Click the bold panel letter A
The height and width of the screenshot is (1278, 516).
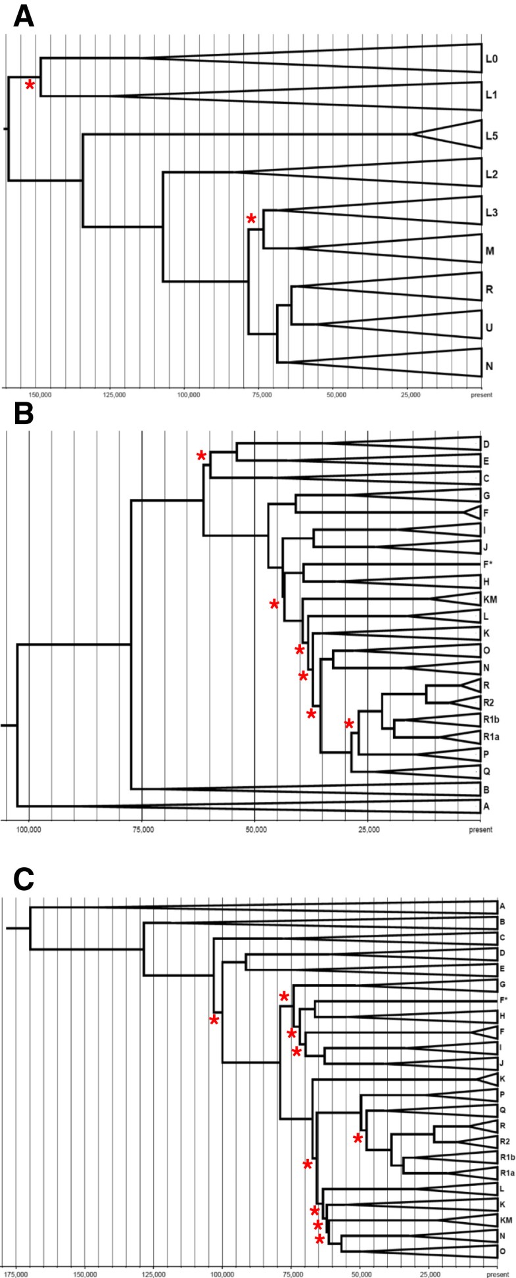pyautogui.click(x=24, y=16)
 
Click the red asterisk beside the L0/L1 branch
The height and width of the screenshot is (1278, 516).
pyautogui.click(x=29, y=85)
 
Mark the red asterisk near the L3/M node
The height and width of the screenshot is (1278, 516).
pyautogui.click(x=250, y=219)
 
